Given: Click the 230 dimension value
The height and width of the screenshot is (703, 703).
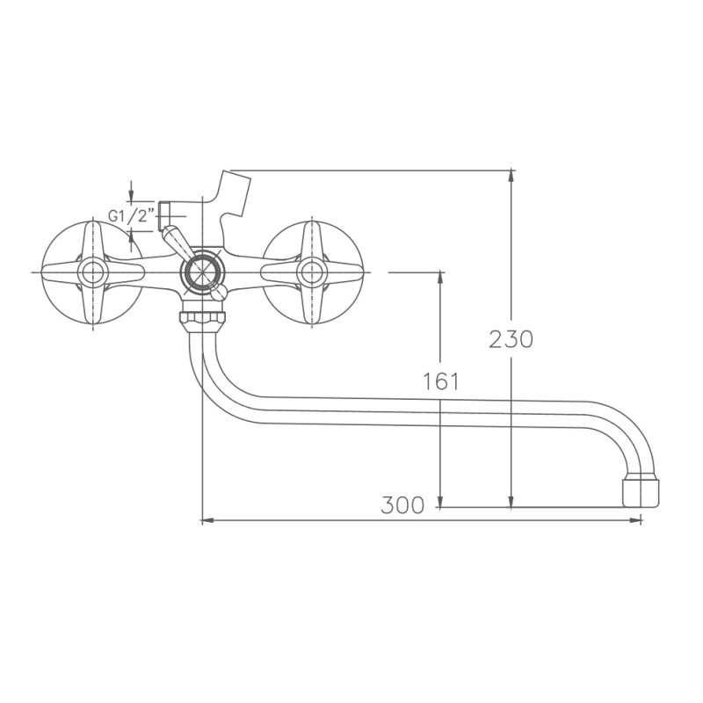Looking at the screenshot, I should coord(511,338).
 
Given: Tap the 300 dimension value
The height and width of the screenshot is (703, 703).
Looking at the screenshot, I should coord(402,504).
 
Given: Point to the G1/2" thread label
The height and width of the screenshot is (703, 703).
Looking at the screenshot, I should coord(131,215).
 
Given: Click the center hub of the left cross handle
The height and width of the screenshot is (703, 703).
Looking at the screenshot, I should coord(91,272).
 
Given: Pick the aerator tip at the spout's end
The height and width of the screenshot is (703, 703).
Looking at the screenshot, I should coord(640,492).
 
